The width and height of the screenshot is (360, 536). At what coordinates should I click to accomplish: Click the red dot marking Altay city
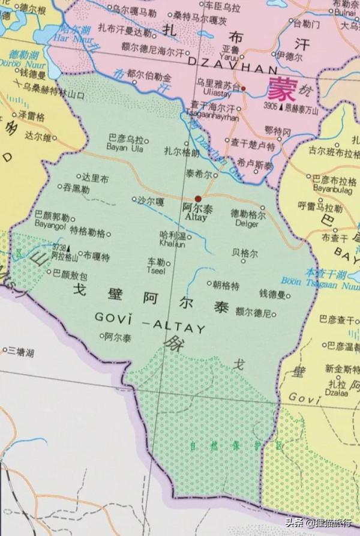198,199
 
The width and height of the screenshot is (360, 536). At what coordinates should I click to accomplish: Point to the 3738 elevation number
59,247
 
